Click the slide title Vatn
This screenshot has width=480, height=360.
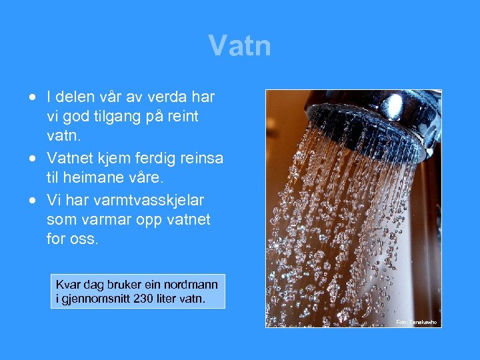pyautogui.click(x=239, y=46)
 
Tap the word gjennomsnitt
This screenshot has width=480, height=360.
pyautogui.click(x=94, y=298)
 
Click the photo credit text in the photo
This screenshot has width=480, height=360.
pyautogui.click(x=417, y=322)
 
